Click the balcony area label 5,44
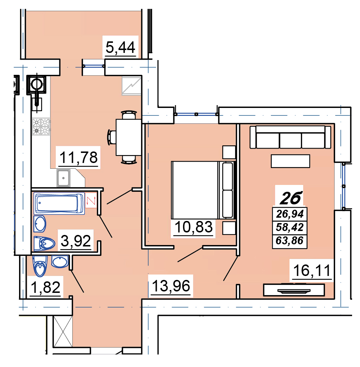click(x=120, y=47)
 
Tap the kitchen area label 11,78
click(x=78, y=158)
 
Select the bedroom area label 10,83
click(x=193, y=227)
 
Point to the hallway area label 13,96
click(x=171, y=286)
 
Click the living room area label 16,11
click(x=312, y=271)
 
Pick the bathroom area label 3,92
click(x=76, y=241)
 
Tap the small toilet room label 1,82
click(x=46, y=287)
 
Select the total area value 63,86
click(x=290, y=241)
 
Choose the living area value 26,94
click(x=290, y=214)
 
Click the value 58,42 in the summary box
click(x=290, y=227)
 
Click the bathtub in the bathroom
click(x=59, y=203)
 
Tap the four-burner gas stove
click(x=41, y=127)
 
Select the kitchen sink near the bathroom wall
click(x=63, y=178)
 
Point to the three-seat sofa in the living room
click(x=290, y=137)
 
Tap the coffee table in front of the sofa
click(x=290, y=161)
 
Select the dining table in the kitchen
click(x=129, y=137)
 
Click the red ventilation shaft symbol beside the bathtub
click(x=91, y=200)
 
